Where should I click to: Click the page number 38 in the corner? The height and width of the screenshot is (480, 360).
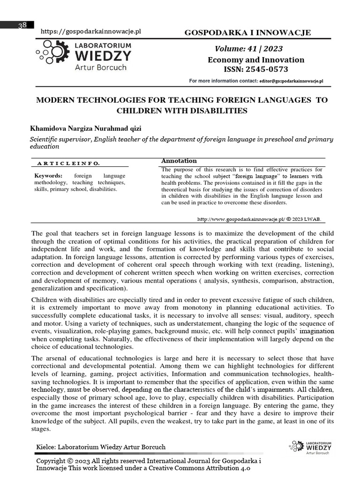click(22, 25)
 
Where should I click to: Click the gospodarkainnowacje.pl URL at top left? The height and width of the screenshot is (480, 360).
click(91, 31)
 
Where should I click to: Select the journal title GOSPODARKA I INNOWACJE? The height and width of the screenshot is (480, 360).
click(248, 32)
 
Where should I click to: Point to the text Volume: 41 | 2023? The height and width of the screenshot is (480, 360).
click(248, 49)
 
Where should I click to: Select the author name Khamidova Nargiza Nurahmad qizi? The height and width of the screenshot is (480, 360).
click(85, 128)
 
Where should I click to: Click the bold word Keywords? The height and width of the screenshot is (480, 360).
click(48, 176)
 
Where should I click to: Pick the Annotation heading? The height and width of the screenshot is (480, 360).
click(179, 161)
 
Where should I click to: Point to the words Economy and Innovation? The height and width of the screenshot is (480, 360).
click(256, 60)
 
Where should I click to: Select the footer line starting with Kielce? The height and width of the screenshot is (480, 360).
click(101, 447)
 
